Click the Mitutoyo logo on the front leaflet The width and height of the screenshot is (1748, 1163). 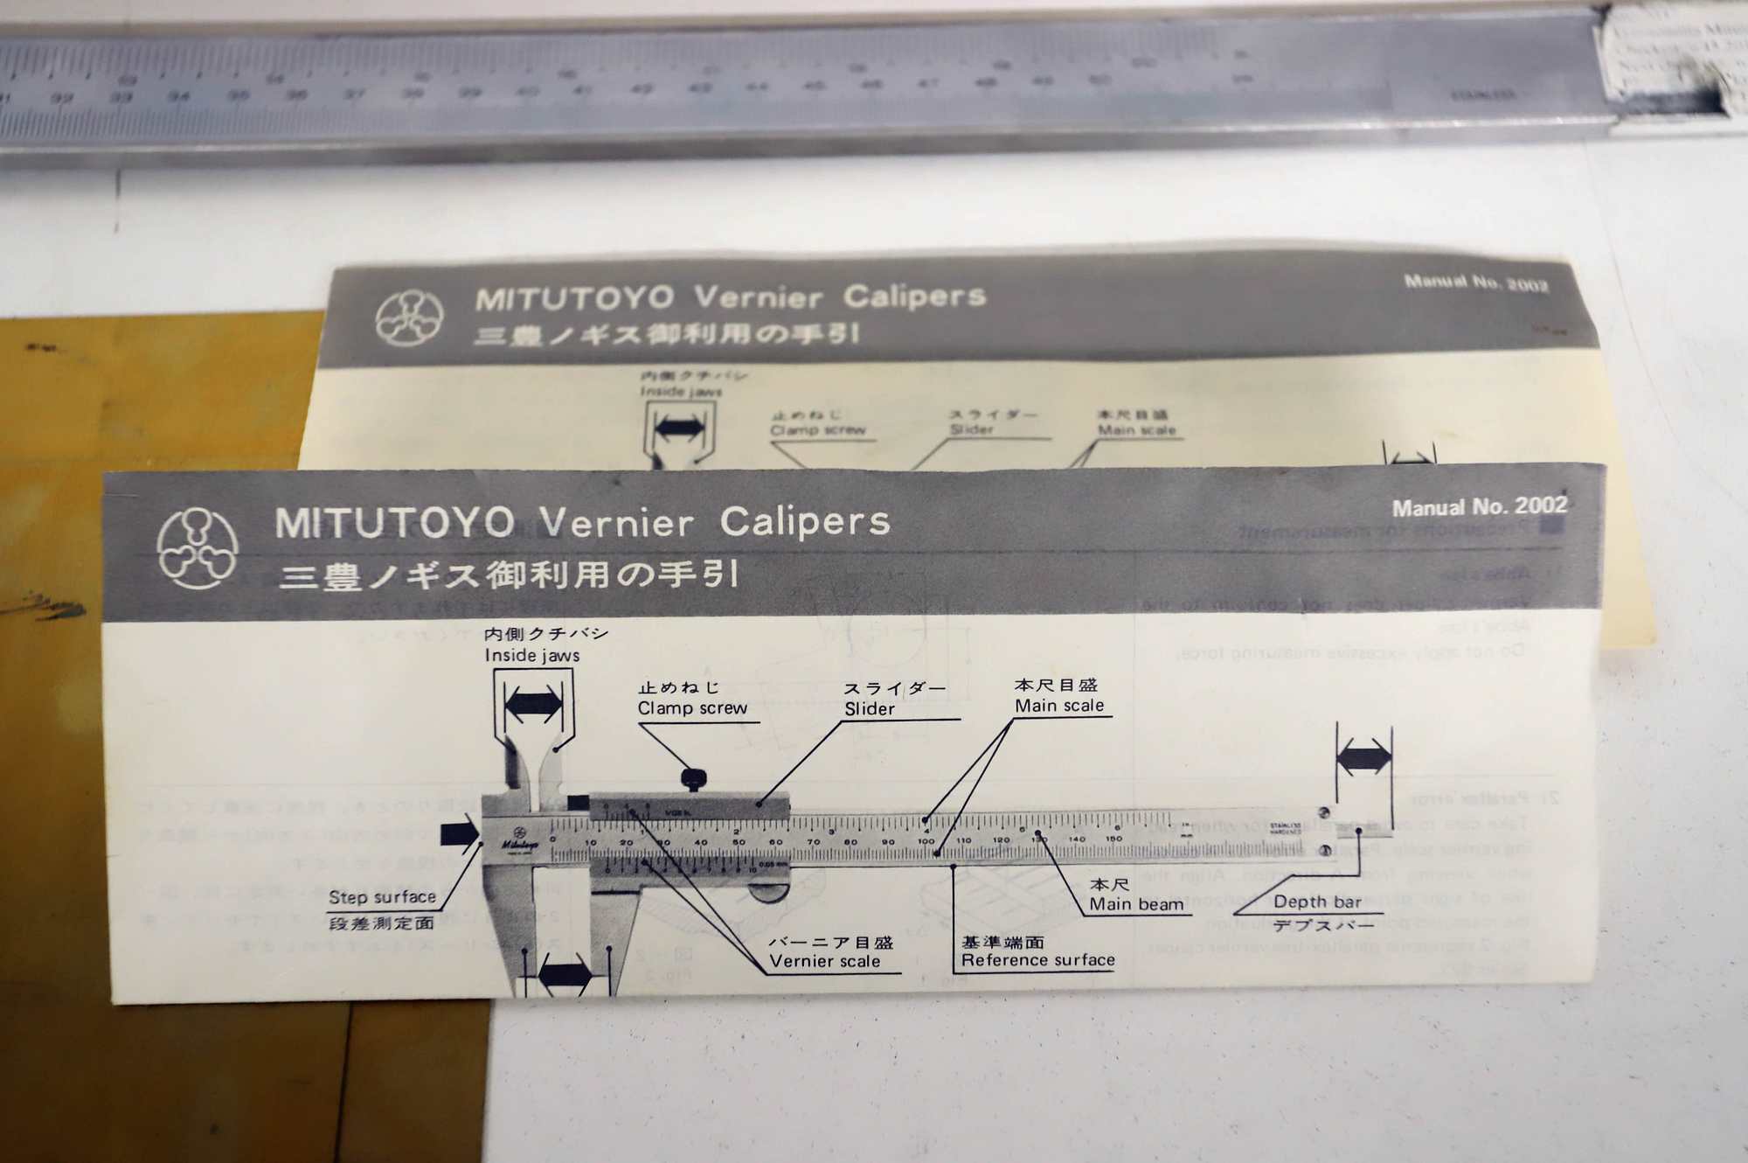pyautogui.click(x=198, y=548)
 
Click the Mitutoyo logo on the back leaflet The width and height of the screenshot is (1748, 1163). pyautogui.click(x=409, y=317)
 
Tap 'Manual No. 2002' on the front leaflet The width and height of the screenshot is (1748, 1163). pyautogui.click(x=1479, y=507)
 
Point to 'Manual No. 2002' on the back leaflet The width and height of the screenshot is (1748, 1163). pyautogui.click(x=1475, y=283)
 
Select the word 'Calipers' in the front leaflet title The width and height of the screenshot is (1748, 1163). pyautogui.click(x=804, y=522)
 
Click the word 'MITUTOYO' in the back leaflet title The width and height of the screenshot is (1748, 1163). pyautogui.click(x=574, y=299)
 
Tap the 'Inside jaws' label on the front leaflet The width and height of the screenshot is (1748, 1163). pyautogui.click(x=532, y=655)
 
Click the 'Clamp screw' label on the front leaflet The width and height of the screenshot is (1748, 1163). pyautogui.click(x=692, y=708)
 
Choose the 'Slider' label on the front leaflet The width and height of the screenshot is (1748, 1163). pyautogui.click(x=870, y=709)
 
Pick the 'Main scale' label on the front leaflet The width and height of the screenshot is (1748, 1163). pyautogui.click(x=1059, y=706)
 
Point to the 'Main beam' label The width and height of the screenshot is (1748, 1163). pyautogui.click(x=1136, y=904)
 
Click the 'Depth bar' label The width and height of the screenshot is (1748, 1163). pyautogui.click(x=1317, y=902)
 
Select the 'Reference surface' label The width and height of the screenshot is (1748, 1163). pyautogui.click(x=1037, y=960)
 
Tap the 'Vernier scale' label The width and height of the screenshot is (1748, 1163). pyautogui.click(x=824, y=961)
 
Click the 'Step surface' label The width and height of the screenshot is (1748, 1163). pyautogui.click(x=382, y=897)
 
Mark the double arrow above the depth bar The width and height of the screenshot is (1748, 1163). pyautogui.click(x=1363, y=756)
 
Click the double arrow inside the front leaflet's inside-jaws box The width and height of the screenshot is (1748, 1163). pyautogui.click(x=533, y=704)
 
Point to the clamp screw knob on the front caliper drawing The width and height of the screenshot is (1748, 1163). pyautogui.click(x=693, y=776)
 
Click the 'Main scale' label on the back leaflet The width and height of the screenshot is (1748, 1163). pyautogui.click(x=1136, y=430)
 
